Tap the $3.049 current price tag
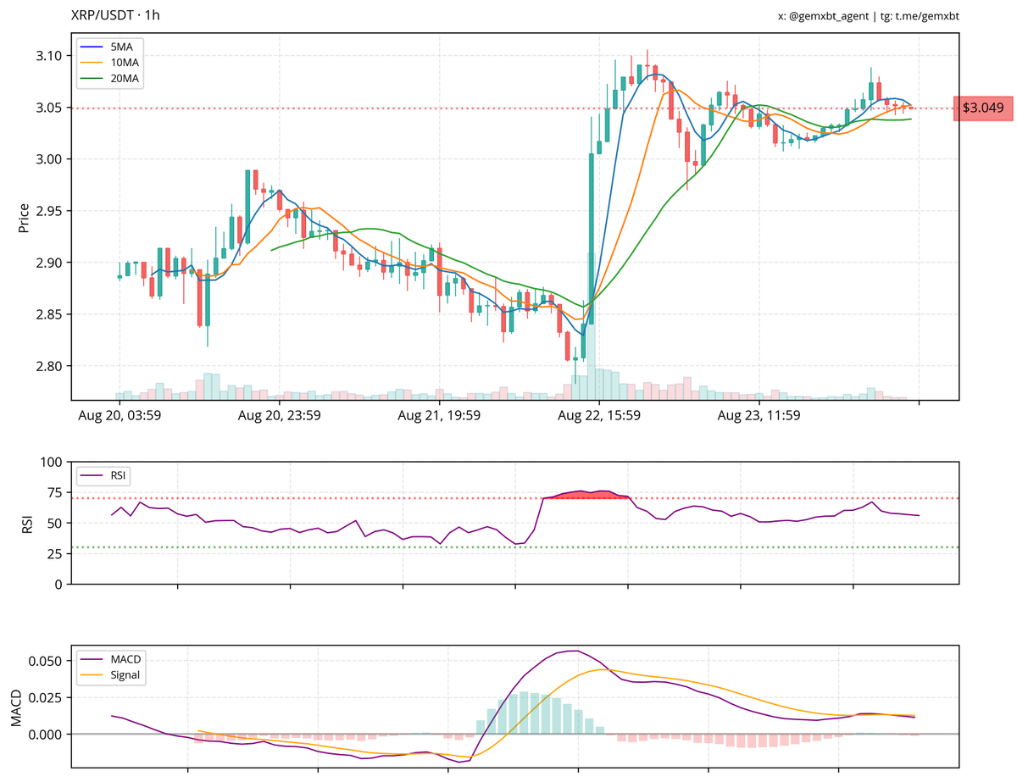[983, 108]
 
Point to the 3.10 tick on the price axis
[49, 56]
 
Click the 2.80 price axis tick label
[49, 366]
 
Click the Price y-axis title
[24, 218]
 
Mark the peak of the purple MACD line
[575, 651]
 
